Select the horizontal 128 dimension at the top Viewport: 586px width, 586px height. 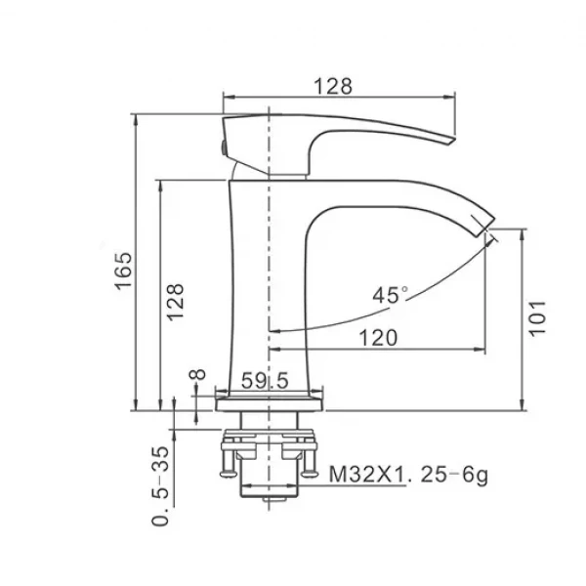pyautogui.click(x=332, y=86)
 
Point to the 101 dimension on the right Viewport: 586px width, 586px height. pyautogui.click(x=538, y=317)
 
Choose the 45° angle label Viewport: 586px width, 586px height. pyautogui.click(x=392, y=293)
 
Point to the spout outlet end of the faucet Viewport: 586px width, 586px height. pyautogui.click(x=486, y=223)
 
